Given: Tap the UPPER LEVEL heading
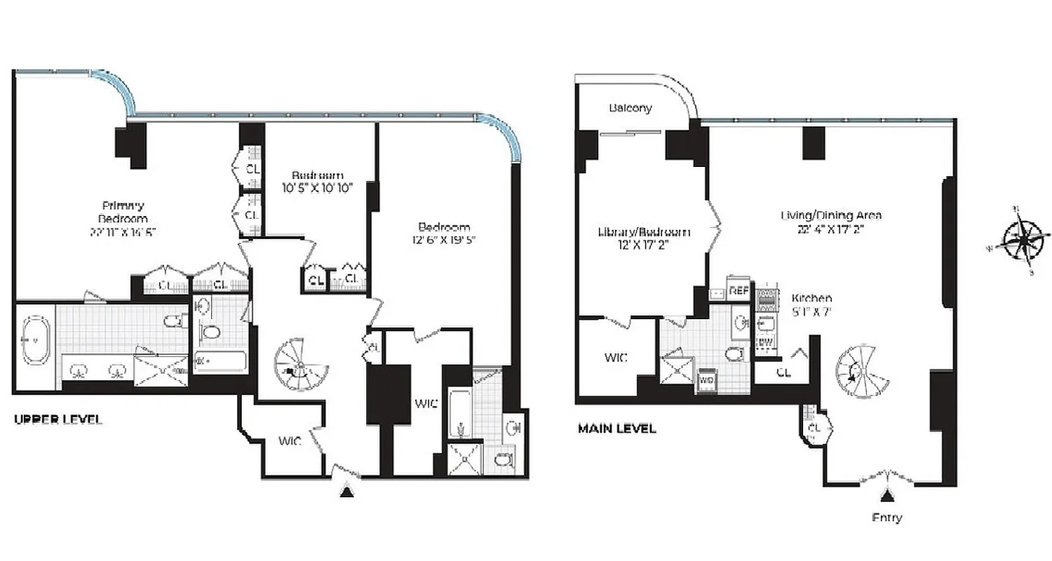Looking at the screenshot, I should pyautogui.click(x=58, y=419).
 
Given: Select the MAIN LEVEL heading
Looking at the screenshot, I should pyautogui.click(x=616, y=428).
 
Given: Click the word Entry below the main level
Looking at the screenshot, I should pyautogui.click(x=887, y=518).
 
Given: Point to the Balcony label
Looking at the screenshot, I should pyautogui.click(x=630, y=108).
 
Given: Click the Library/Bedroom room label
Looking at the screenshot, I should pyautogui.click(x=643, y=232).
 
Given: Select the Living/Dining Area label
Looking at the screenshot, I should pyautogui.click(x=831, y=215).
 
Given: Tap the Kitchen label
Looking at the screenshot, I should pyautogui.click(x=812, y=297).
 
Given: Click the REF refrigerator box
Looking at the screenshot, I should pyautogui.click(x=739, y=289).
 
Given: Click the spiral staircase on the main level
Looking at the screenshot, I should pyautogui.click(x=861, y=372).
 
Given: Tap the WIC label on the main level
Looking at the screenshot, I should pyautogui.click(x=616, y=357).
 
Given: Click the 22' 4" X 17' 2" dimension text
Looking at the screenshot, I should pyautogui.click(x=831, y=228).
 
